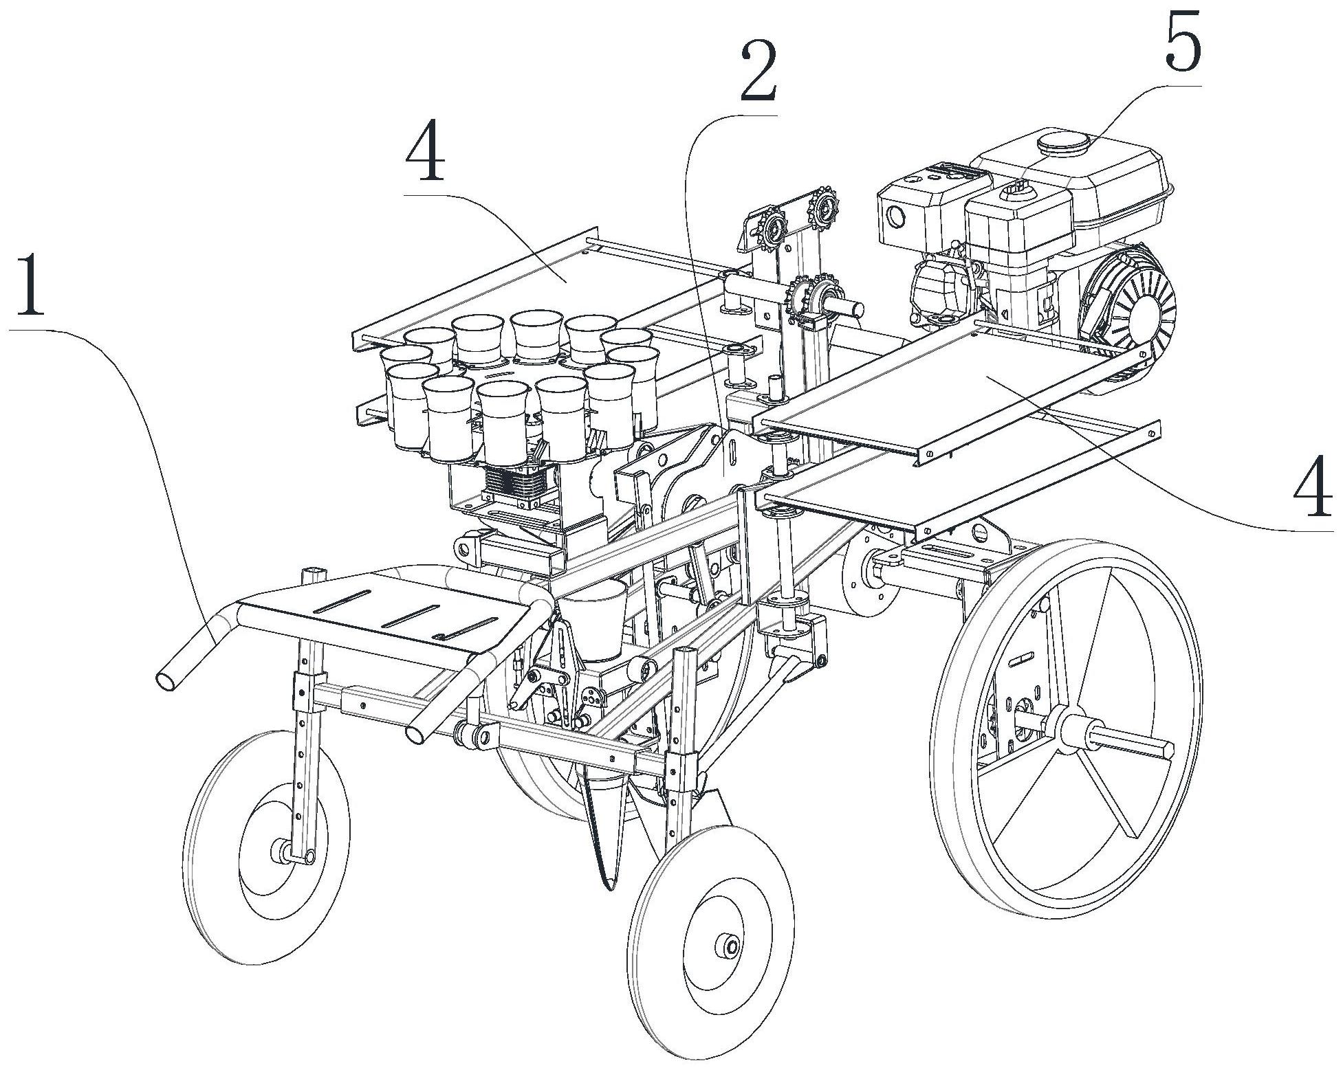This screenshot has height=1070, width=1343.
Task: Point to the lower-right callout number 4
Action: pos(1312,490)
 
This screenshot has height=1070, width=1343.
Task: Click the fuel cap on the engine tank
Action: pos(1063,145)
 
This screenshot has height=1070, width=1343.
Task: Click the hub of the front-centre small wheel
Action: pos(727,946)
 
